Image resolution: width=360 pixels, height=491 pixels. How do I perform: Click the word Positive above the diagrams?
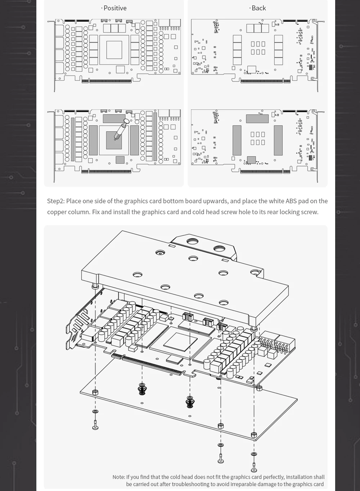coord(115,8)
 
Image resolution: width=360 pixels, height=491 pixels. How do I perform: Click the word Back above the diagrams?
coord(258,8)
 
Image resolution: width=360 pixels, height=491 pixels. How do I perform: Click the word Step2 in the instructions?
coord(55,201)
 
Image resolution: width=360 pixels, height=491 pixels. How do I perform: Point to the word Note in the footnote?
coord(118,477)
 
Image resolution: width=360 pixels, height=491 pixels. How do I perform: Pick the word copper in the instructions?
coord(57,212)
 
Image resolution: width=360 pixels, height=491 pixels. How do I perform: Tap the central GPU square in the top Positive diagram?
coord(114,50)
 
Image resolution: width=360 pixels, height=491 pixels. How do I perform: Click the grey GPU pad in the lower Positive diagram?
coord(114,140)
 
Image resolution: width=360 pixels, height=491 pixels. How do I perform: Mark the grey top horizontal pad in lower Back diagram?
coord(257,118)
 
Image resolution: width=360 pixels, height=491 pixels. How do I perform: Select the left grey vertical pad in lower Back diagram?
coord(237,140)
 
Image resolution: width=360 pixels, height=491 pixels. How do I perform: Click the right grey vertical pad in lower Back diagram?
coord(278,140)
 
